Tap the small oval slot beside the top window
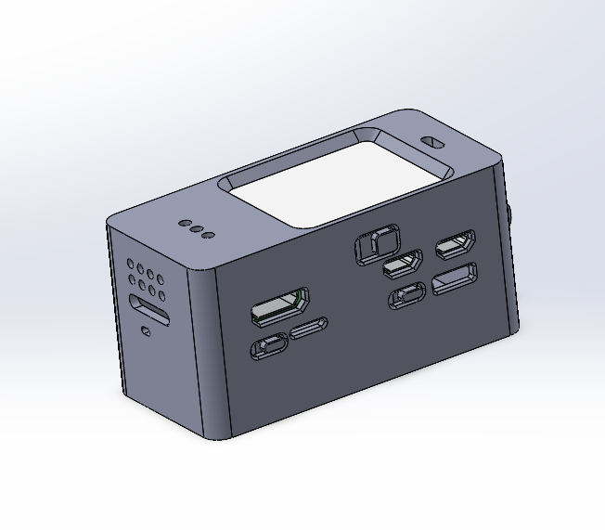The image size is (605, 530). coord(432,143)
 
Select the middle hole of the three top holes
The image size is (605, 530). coord(196,229)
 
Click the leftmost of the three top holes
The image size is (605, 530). coord(184,225)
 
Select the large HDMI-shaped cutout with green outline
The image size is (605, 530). coord(278,307)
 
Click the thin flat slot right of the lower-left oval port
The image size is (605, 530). coord(307,329)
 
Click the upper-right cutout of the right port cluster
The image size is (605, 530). coord(456,245)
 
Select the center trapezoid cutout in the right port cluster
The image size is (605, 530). coord(403,265)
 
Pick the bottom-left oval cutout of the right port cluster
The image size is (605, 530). coord(407,295)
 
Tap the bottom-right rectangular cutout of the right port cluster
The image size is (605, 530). coord(454,278)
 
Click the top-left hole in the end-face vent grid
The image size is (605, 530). coord(132,265)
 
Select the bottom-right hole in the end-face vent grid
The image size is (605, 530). coord(162,297)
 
